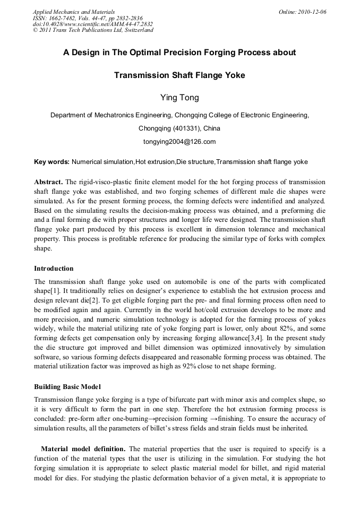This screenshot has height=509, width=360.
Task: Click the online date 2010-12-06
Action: point(311,12)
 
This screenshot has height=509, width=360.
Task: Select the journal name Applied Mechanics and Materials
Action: point(74,12)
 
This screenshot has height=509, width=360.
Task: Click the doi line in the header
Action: point(93,24)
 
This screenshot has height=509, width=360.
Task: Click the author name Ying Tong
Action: point(179,97)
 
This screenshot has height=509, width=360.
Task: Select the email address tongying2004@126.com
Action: point(179,142)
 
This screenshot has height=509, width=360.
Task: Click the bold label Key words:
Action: point(52,162)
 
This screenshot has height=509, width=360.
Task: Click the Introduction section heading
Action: point(54,269)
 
